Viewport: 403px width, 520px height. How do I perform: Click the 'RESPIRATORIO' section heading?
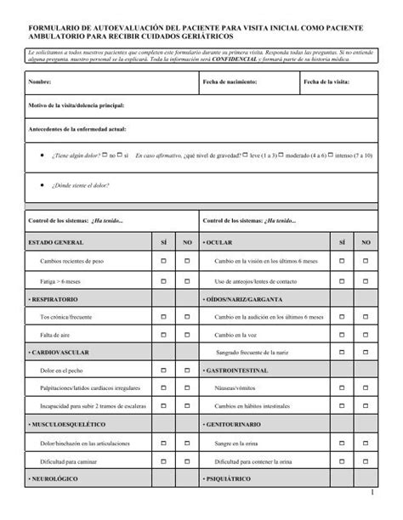click(x=55, y=300)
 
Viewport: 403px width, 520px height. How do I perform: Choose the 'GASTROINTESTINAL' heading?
click(x=237, y=370)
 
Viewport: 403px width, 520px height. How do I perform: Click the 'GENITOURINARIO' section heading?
click(x=234, y=423)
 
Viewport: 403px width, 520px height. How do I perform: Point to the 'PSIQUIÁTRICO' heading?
click(x=227, y=479)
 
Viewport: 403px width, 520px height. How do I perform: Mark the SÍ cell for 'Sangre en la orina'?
click(x=341, y=444)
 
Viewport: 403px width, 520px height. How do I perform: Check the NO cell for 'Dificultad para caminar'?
click(x=187, y=461)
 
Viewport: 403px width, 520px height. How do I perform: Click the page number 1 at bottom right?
click(x=372, y=494)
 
